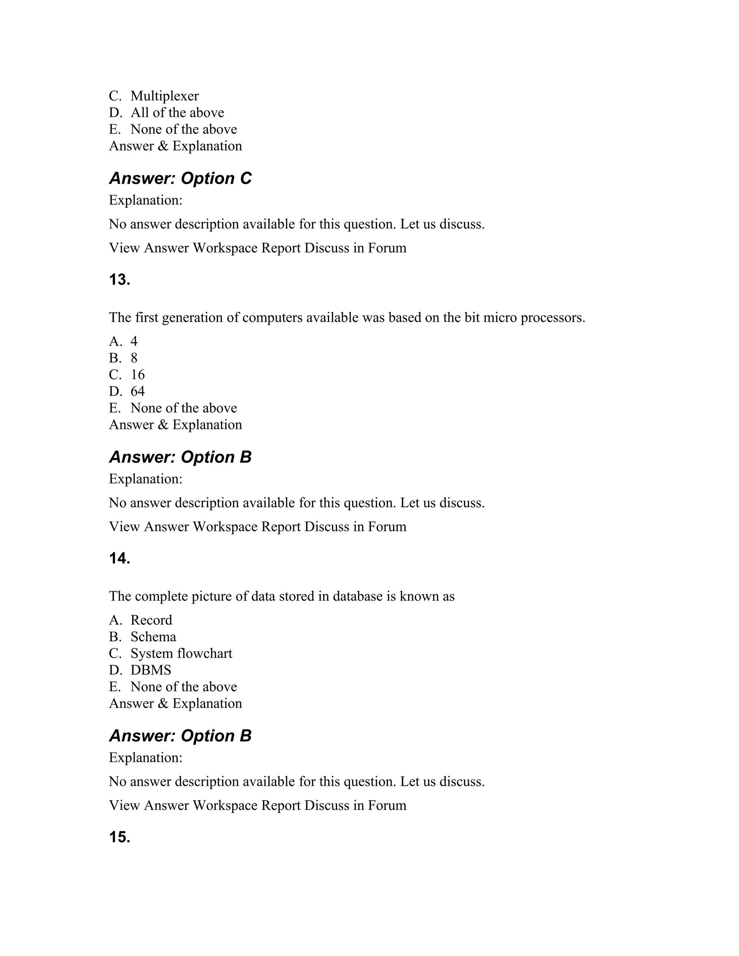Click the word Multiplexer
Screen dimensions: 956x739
click(164, 96)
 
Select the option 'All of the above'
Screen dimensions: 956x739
click(177, 113)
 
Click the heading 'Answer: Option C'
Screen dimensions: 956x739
click(180, 178)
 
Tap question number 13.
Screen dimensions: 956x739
click(119, 280)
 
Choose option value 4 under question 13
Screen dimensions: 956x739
click(134, 341)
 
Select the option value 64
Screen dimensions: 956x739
click(137, 391)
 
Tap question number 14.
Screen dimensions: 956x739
click(119, 558)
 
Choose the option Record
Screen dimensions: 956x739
click(151, 620)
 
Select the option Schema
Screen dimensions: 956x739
click(153, 636)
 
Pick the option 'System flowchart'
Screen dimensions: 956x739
click(181, 653)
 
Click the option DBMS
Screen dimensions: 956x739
click(150, 670)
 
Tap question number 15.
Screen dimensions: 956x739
click(119, 837)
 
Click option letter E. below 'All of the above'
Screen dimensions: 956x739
click(115, 129)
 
